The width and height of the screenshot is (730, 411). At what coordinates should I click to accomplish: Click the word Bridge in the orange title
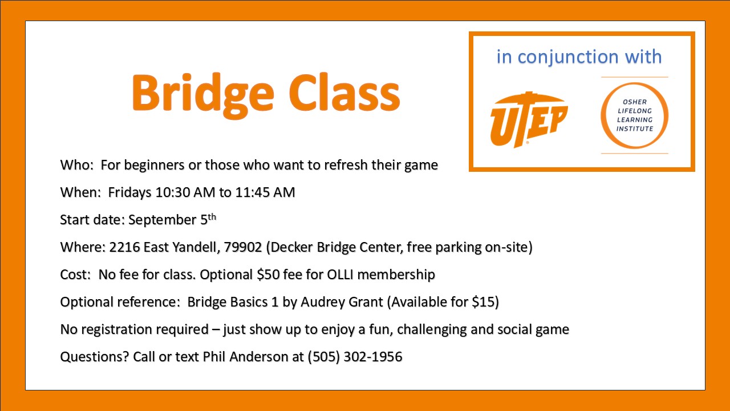(x=202, y=95)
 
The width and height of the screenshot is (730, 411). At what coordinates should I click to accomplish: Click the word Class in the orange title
(x=344, y=93)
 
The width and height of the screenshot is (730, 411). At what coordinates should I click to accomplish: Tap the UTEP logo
(x=529, y=119)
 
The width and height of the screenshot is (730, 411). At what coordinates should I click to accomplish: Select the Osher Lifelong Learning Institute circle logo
(x=635, y=115)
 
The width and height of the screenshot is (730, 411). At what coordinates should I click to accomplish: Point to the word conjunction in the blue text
(x=568, y=58)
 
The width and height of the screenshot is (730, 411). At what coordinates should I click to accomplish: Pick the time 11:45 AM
(x=265, y=192)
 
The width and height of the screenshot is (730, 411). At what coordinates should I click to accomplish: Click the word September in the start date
(x=162, y=220)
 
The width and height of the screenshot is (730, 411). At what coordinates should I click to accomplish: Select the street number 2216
(x=124, y=247)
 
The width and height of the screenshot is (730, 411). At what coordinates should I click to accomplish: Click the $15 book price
(x=484, y=302)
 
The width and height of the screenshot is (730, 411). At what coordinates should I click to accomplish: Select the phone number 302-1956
(x=373, y=357)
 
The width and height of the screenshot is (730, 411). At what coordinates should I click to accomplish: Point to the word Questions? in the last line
(x=95, y=357)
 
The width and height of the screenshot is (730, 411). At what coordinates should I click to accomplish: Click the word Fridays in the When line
(x=129, y=193)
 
